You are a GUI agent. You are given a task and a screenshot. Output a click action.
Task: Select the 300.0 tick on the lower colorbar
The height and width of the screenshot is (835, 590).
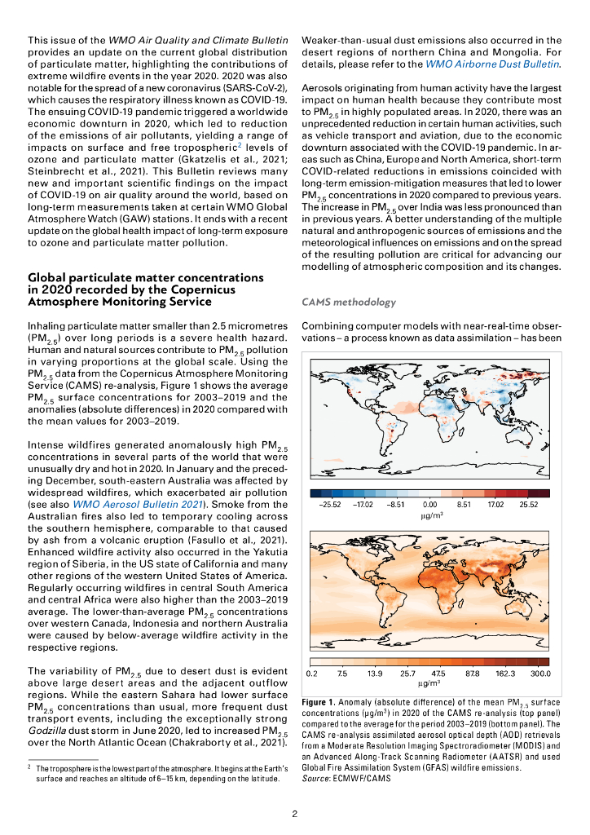(x=540, y=674)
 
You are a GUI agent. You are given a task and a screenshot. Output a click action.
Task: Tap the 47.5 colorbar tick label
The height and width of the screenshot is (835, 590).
(x=438, y=674)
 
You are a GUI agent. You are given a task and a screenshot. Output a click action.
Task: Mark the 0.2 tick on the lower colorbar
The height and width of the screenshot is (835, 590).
(x=310, y=674)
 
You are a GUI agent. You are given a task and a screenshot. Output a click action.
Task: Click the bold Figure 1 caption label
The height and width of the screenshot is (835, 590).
(x=319, y=702)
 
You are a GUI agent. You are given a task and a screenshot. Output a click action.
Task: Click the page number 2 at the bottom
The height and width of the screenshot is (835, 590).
(x=295, y=813)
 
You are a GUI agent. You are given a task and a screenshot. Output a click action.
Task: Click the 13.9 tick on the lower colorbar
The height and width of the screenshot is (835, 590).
(x=376, y=674)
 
